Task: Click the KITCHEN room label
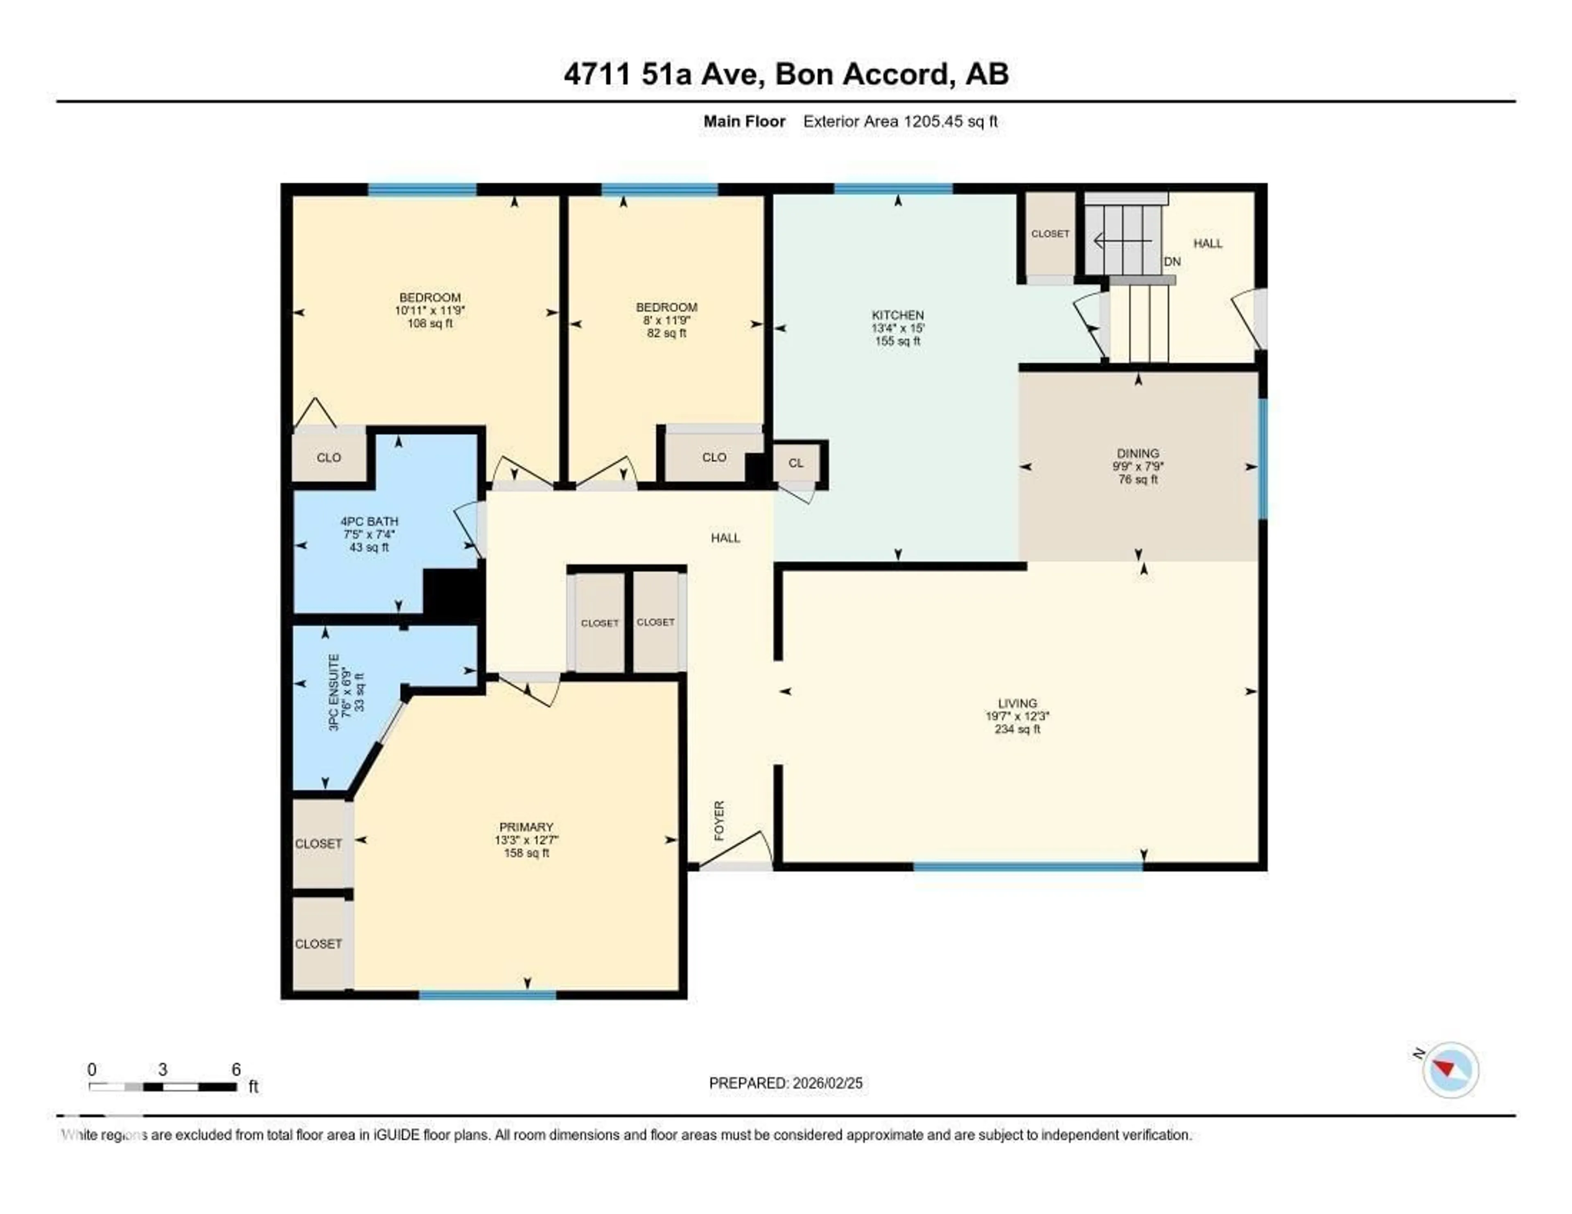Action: pyautogui.click(x=898, y=315)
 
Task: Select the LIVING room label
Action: pyautogui.click(x=1017, y=703)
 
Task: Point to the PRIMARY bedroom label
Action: pyautogui.click(x=526, y=827)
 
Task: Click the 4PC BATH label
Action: pyautogui.click(x=369, y=521)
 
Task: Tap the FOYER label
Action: pyautogui.click(x=719, y=820)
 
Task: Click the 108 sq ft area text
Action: pyautogui.click(x=430, y=324)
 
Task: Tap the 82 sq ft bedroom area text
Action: pyautogui.click(x=666, y=333)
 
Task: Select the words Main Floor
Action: pyautogui.click(x=744, y=122)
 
